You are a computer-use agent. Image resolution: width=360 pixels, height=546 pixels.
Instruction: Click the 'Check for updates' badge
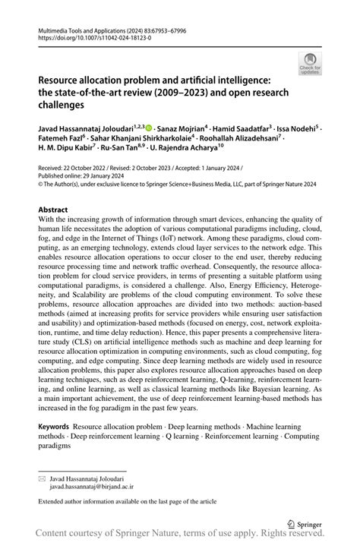tap(309, 65)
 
